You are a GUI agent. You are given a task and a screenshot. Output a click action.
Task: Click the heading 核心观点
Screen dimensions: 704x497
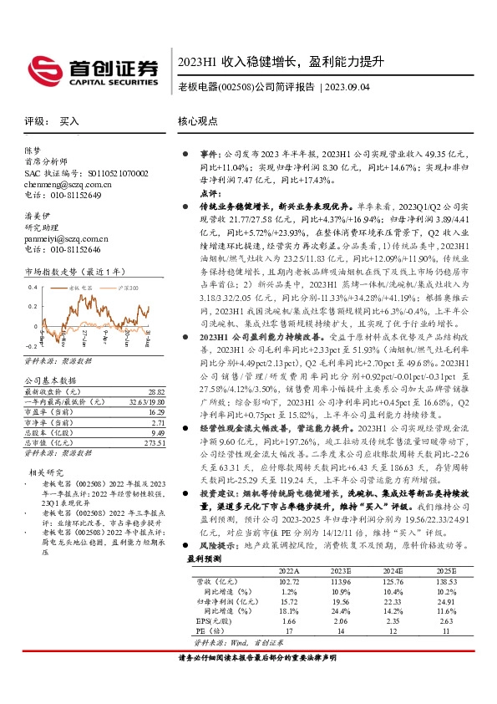tap(197, 121)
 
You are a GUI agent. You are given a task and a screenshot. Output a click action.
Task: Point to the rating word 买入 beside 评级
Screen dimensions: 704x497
tap(69, 121)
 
